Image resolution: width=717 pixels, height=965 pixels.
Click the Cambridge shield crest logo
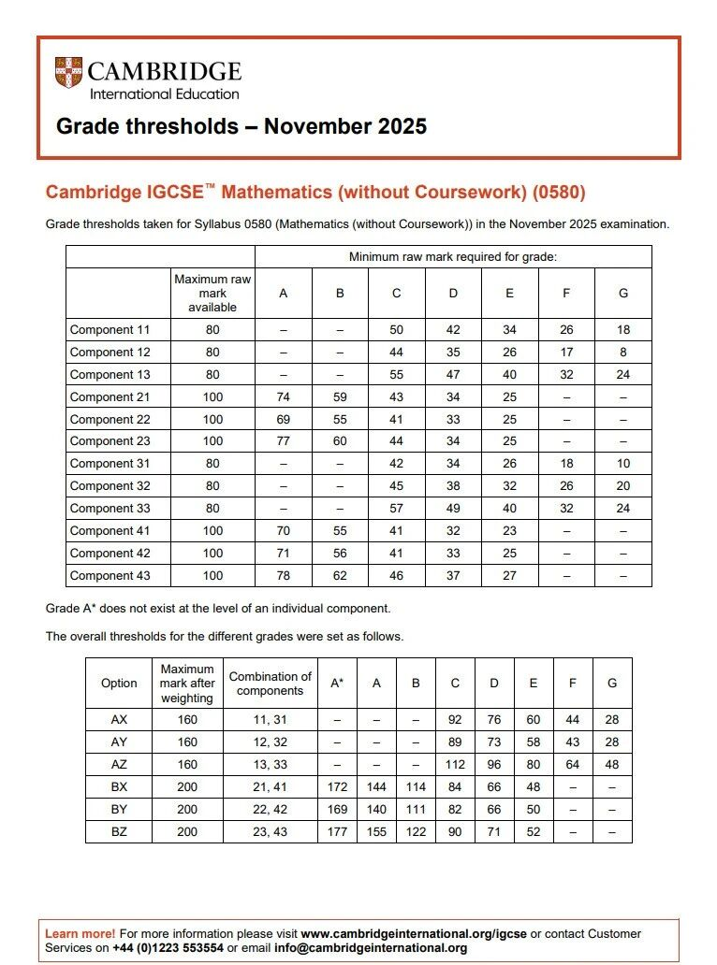click(x=68, y=73)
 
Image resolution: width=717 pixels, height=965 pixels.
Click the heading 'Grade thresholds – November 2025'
click(x=241, y=126)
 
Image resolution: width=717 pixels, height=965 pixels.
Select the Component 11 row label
click(x=110, y=329)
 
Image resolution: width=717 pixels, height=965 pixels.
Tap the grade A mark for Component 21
click(x=283, y=396)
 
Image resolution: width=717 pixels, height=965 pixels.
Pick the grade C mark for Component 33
click(x=396, y=508)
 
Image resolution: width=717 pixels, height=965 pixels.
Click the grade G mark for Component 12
click(x=623, y=352)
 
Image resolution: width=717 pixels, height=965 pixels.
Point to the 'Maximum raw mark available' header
click(x=212, y=293)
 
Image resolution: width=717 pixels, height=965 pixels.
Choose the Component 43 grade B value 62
click(x=340, y=575)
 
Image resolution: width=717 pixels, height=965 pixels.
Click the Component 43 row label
click(x=110, y=575)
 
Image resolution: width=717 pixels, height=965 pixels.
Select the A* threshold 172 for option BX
click(x=337, y=787)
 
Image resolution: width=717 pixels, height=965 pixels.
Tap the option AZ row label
click(x=119, y=764)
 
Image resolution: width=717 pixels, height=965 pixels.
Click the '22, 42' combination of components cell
click(x=270, y=809)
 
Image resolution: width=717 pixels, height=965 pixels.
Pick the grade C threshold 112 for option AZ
click(x=455, y=764)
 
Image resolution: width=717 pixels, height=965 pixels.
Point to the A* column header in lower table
click(x=337, y=684)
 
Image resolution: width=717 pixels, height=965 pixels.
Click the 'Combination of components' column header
click(x=270, y=684)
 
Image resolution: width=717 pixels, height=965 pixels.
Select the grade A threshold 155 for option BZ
click(x=376, y=831)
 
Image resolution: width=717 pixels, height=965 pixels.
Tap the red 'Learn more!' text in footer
click(x=80, y=933)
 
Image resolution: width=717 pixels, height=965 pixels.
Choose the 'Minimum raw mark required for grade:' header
click(x=453, y=256)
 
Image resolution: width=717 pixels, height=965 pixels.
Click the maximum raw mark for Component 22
click(x=212, y=419)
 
